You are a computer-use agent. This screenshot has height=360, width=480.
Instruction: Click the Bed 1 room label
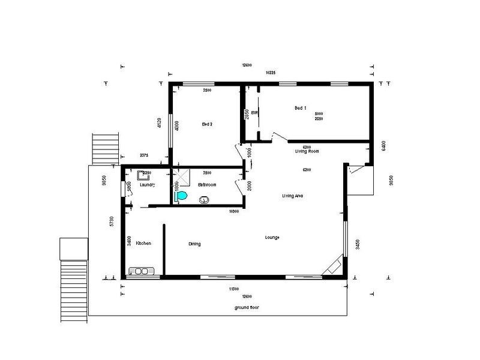coord(301,108)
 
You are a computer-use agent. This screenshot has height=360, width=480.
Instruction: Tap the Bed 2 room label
coord(208,124)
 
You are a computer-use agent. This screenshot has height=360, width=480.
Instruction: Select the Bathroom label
coord(207,185)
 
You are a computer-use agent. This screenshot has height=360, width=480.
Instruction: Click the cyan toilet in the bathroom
coord(182,196)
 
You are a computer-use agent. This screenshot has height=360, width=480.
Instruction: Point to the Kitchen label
coord(143,243)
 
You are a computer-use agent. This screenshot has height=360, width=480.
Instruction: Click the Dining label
coord(194,244)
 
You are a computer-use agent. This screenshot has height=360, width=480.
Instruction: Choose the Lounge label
coord(272,238)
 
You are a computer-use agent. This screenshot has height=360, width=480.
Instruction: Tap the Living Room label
coord(307,152)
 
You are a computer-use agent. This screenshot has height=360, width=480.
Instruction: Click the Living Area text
coord(292,196)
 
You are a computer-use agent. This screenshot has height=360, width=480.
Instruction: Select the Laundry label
coord(147,185)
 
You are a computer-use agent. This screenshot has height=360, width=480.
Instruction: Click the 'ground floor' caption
coord(247,307)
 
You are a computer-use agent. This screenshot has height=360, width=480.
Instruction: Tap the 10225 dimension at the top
coord(270,73)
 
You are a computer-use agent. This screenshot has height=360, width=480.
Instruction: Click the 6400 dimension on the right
coord(383,146)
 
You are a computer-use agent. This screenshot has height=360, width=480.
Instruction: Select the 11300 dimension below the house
coord(235,289)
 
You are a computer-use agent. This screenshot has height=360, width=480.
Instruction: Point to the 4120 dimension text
coord(159,124)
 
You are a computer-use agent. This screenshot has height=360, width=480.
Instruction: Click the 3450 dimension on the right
coord(358,244)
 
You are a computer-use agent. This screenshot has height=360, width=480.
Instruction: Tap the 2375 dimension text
coord(144,155)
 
